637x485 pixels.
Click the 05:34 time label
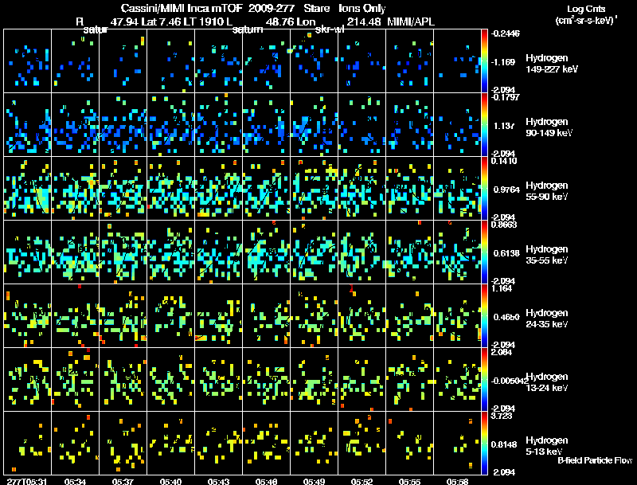76,481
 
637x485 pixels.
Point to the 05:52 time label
362,481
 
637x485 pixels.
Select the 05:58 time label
457,481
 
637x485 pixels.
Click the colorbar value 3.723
506,417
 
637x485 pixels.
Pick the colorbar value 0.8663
506,225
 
